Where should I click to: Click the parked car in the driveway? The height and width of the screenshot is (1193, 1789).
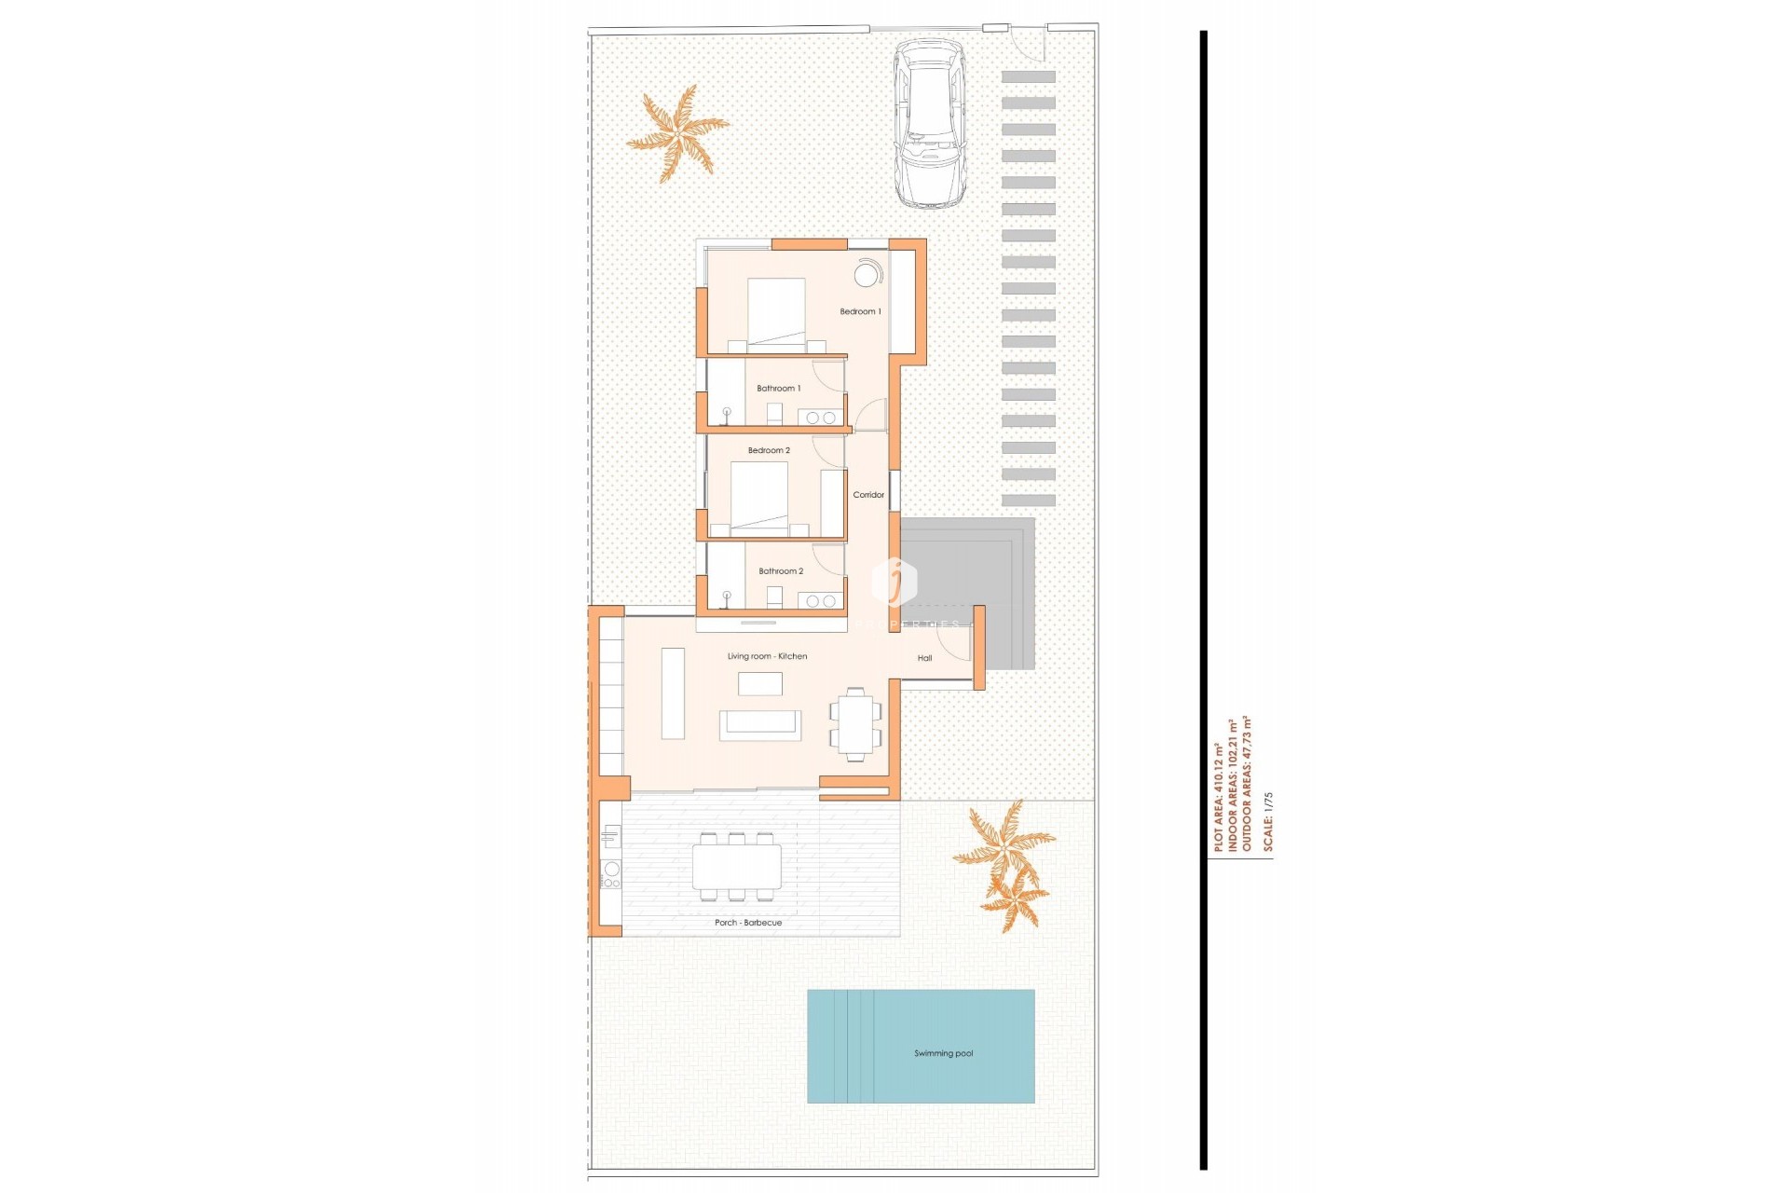[929, 123]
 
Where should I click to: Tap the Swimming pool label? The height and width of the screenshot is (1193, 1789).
[943, 1053]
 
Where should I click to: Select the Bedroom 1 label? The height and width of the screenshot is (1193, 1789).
[860, 311]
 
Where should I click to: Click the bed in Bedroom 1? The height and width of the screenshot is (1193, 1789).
[776, 313]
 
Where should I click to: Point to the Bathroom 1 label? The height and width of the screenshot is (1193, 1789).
[778, 388]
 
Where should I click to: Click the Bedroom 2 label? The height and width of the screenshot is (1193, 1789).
[769, 450]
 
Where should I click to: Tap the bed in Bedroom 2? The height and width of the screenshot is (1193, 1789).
[759, 497]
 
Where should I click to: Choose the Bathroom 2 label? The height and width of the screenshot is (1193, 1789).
[781, 570]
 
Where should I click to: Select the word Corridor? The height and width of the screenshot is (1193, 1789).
[868, 495]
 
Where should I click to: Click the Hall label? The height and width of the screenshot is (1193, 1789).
[924, 658]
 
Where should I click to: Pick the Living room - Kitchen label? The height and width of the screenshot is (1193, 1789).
[767, 656]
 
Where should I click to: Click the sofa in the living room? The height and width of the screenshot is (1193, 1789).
[760, 725]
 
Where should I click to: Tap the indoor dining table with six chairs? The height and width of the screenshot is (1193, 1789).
[854, 724]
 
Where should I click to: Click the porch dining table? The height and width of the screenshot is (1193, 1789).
[736, 867]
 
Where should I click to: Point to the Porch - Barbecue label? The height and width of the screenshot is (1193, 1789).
[748, 923]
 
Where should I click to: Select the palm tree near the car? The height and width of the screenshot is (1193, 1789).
[677, 133]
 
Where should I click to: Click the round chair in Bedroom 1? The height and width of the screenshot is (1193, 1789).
[867, 275]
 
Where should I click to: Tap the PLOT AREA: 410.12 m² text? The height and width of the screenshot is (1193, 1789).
[1218, 797]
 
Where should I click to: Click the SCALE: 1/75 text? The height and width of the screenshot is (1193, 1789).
[1267, 821]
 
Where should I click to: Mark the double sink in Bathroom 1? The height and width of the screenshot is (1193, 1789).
[820, 418]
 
